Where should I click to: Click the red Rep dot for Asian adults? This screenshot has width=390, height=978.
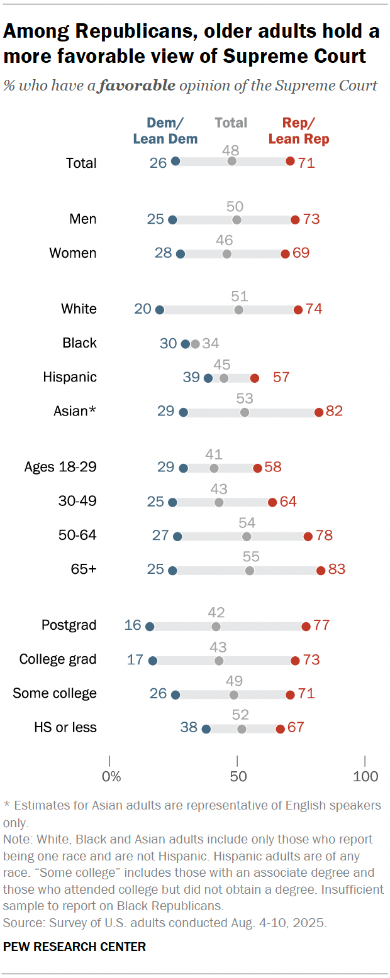(x=319, y=412)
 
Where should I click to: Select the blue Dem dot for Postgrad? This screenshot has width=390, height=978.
(x=150, y=626)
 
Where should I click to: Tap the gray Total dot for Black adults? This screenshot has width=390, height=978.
(x=195, y=344)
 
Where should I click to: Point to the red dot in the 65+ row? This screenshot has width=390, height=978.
(x=321, y=571)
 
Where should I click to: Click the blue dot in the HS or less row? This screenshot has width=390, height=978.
(x=206, y=729)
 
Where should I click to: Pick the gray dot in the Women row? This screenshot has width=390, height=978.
(x=226, y=254)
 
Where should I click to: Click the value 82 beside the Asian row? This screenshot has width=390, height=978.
(x=334, y=412)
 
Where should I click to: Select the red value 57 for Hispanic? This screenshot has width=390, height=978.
(x=281, y=378)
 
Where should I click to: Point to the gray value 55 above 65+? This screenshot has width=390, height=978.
(x=252, y=557)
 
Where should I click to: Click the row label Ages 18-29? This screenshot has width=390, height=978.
(x=60, y=467)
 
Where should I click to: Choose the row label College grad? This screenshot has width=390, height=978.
(x=58, y=659)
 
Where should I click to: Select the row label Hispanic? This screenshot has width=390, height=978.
(x=70, y=377)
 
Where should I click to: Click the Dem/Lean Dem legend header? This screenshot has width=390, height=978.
(x=165, y=131)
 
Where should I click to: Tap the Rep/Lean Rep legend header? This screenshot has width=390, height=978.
(x=299, y=131)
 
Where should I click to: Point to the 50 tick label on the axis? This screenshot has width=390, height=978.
(x=238, y=776)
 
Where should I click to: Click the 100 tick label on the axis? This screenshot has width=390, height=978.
(x=365, y=776)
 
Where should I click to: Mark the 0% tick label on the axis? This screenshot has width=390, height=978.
(x=111, y=776)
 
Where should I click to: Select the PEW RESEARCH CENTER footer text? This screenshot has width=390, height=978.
(x=74, y=947)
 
